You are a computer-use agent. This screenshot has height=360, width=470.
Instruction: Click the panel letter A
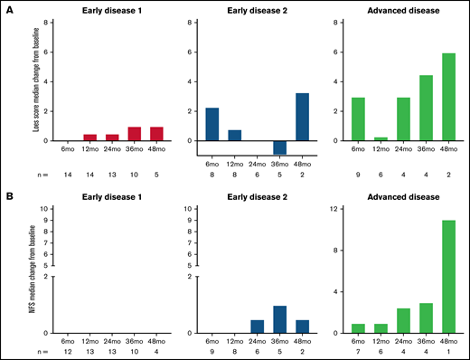9,7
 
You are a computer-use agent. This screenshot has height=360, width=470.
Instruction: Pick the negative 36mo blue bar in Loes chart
280,147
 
